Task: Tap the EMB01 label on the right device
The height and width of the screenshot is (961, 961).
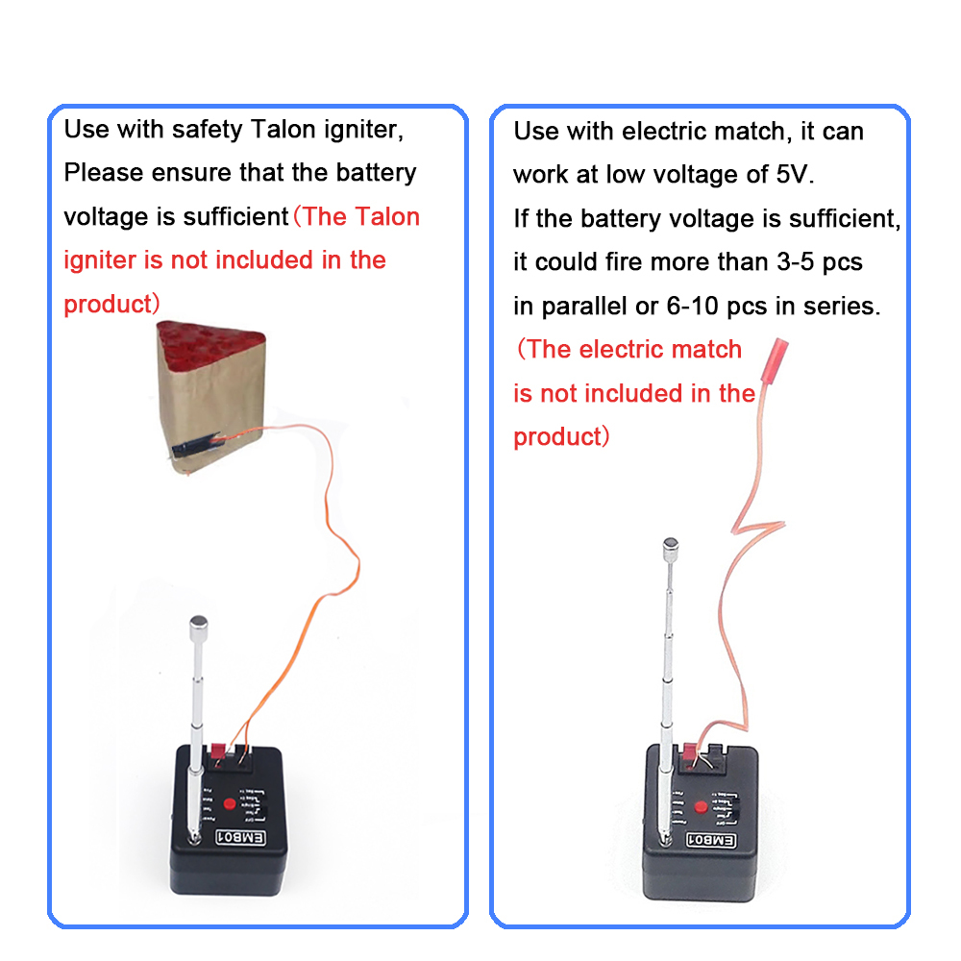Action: click(x=712, y=841)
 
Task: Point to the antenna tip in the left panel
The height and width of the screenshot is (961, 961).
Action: click(x=199, y=624)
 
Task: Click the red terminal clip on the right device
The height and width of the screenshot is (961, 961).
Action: click(x=691, y=752)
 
